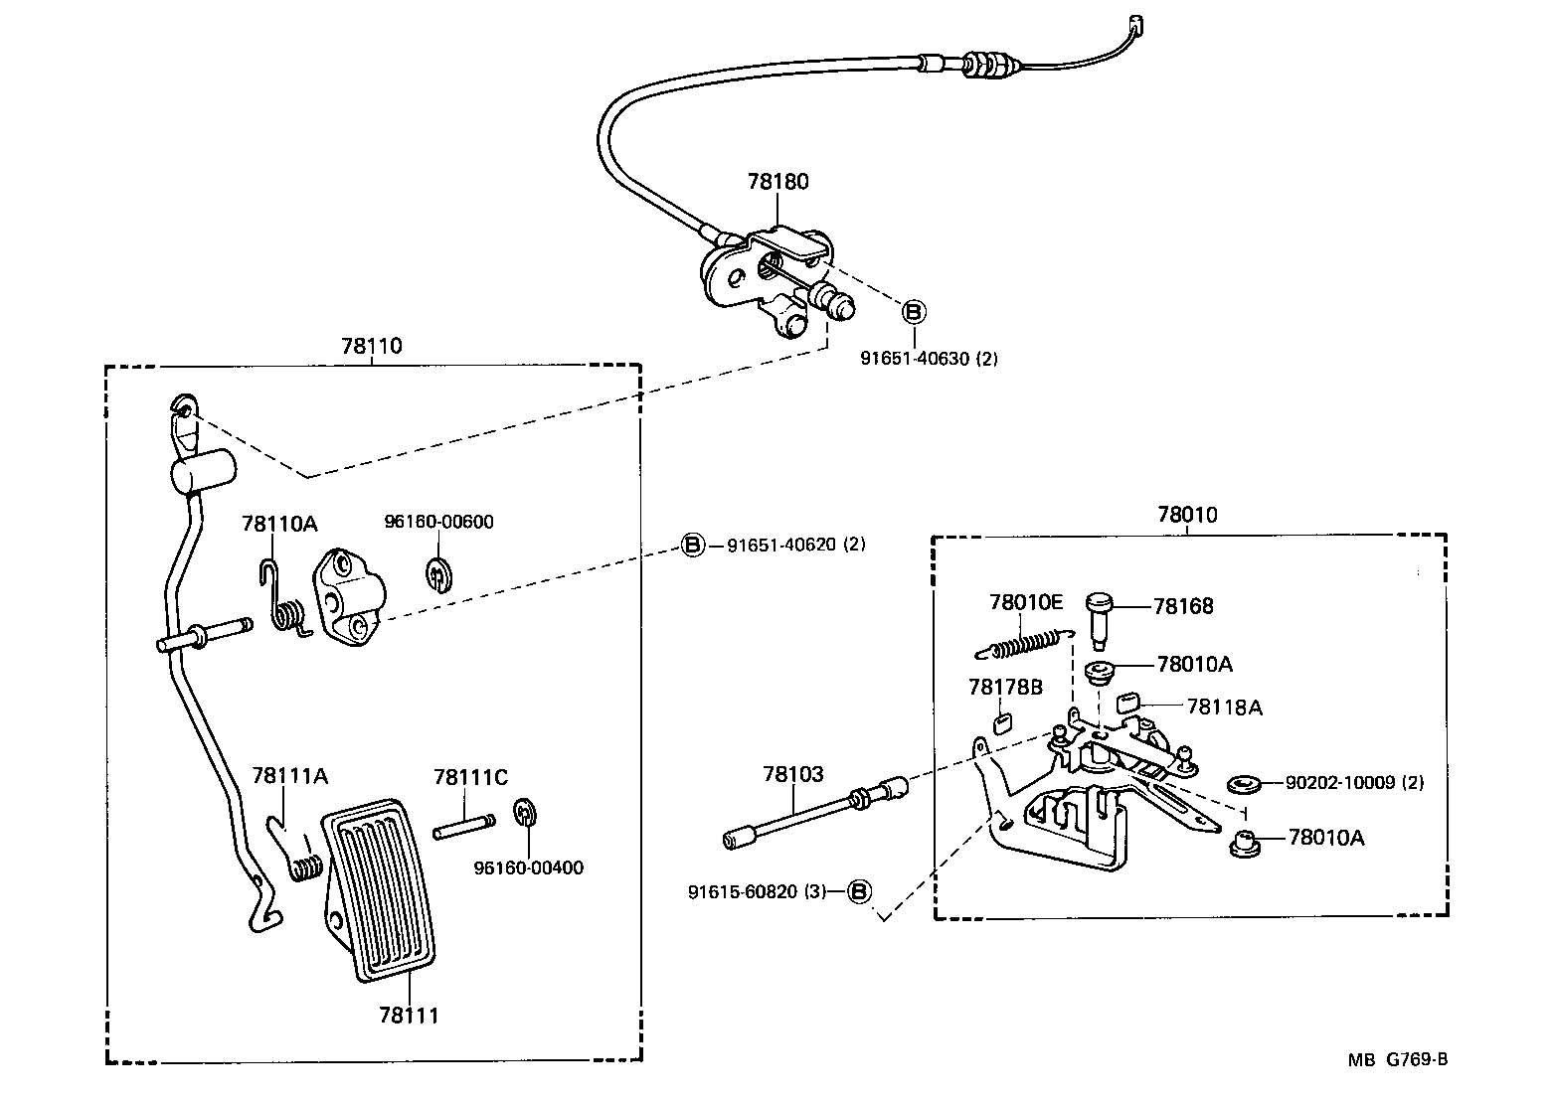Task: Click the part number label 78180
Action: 777,182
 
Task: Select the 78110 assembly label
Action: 372,346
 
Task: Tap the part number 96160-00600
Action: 438,522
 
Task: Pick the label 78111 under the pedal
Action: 408,1015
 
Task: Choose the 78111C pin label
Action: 470,776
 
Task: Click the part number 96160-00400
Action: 528,867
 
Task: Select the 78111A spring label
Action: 289,775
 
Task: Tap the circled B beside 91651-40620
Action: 692,545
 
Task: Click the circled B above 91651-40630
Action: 913,311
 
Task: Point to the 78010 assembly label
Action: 1186,515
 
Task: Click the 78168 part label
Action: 1183,606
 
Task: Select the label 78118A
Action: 1224,707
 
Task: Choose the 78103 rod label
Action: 793,774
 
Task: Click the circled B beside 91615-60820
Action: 860,891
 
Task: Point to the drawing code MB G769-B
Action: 1397,1059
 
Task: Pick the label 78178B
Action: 1004,687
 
